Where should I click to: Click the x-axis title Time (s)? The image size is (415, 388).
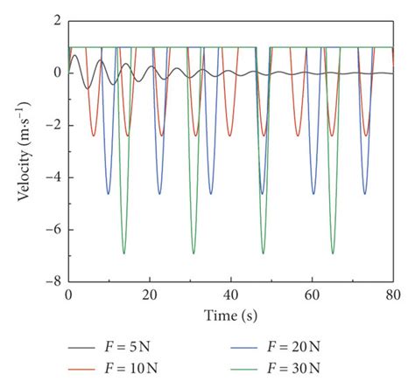click(x=231, y=314)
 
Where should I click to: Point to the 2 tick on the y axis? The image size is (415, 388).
click(x=55, y=20)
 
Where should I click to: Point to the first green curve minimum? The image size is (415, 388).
click(x=124, y=253)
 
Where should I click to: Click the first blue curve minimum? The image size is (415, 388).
click(x=109, y=193)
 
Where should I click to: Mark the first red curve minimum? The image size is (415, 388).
click(x=94, y=135)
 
